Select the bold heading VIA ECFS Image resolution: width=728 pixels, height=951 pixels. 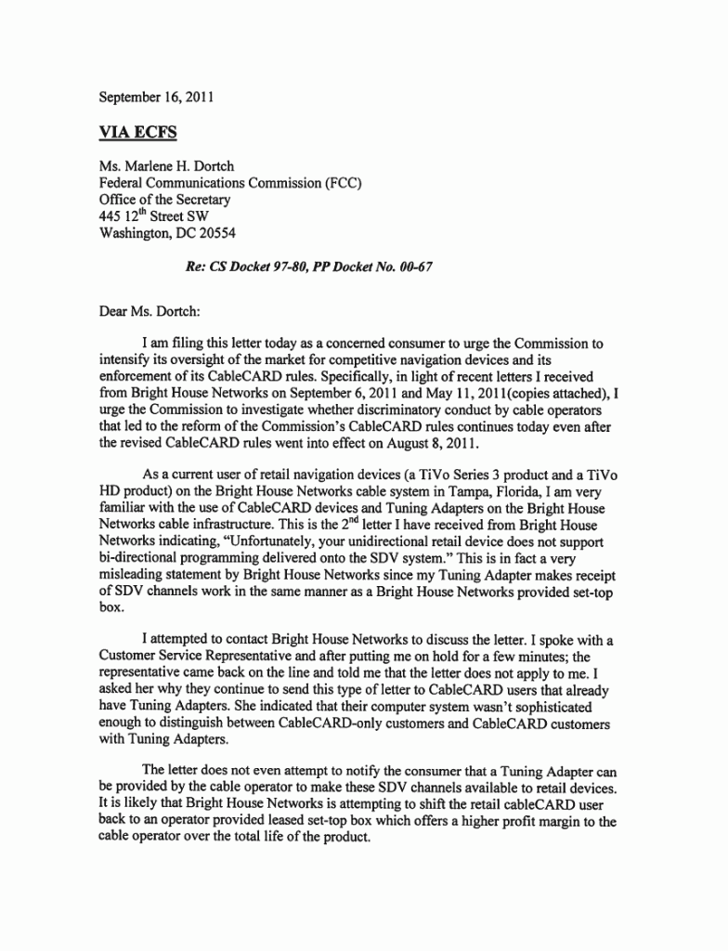(138, 132)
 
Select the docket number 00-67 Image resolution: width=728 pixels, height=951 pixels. (410, 267)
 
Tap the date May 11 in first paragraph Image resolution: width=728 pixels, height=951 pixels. (479, 394)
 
